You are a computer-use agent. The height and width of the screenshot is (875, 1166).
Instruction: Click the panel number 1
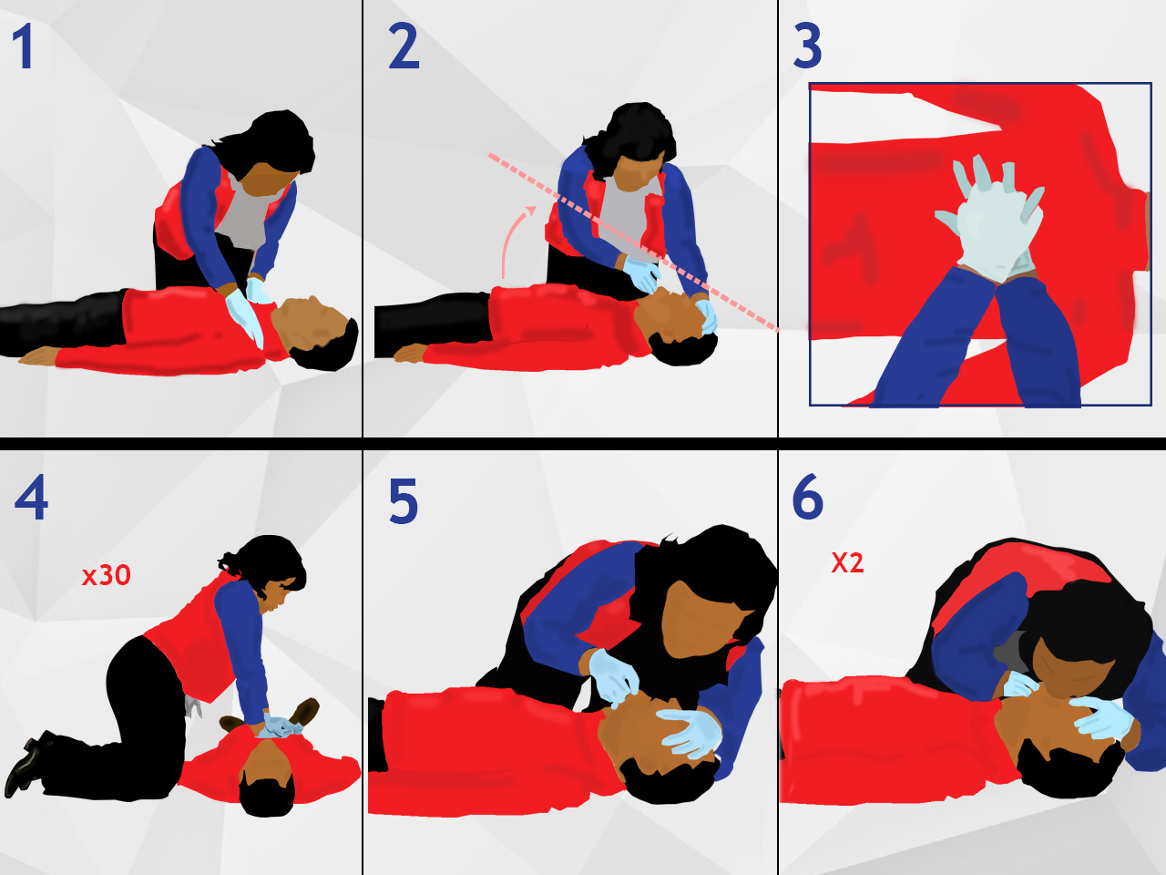click(x=24, y=46)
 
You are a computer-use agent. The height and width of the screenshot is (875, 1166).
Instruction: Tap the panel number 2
click(x=404, y=46)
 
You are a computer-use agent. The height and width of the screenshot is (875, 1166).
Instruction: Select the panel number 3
click(x=807, y=46)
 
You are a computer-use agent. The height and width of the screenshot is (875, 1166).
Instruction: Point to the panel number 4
click(x=31, y=498)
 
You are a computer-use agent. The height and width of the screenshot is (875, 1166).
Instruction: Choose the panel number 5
click(x=404, y=500)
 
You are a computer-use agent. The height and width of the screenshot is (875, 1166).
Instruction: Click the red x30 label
click(x=107, y=575)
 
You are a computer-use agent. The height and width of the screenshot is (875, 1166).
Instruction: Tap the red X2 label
click(x=847, y=562)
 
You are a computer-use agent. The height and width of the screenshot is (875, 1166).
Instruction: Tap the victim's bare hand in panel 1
click(x=38, y=356)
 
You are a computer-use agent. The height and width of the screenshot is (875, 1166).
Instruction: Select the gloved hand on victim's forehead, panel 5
click(x=688, y=733)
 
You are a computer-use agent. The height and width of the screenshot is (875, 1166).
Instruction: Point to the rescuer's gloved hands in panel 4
click(x=280, y=726)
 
